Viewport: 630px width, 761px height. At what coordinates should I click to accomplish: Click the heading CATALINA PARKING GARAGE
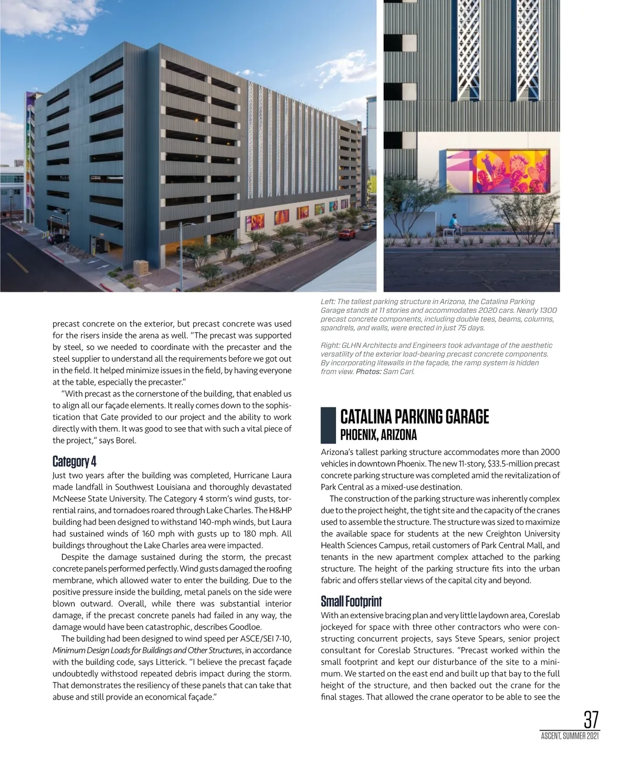click(x=414, y=417)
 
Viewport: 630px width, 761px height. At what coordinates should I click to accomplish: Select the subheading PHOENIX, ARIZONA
click(x=378, y=435)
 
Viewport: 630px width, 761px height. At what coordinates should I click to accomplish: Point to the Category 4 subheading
click(x=75, y=461)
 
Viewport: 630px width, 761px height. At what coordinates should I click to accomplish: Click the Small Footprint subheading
click(x=351, y=601)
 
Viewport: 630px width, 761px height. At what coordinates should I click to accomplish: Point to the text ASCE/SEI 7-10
click(x=266, y=638)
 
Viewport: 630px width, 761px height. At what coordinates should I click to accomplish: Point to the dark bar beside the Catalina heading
click(x=328, y=425)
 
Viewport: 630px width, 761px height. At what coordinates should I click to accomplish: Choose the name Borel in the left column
click(x=125, y=440)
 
